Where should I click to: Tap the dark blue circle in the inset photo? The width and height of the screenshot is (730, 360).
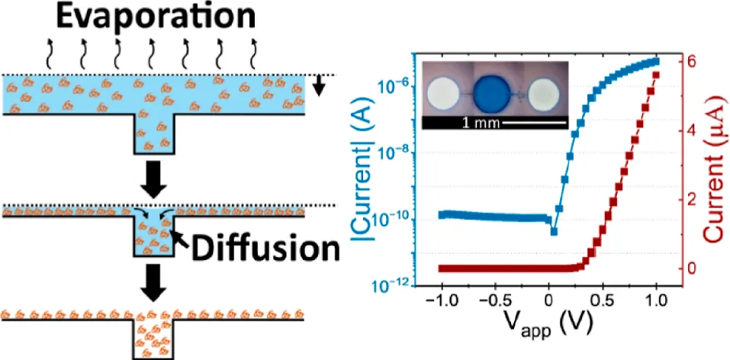[497, 93]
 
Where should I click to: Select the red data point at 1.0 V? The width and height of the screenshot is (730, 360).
[655, 75]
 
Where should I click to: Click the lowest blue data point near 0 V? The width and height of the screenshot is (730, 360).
[553, 231]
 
